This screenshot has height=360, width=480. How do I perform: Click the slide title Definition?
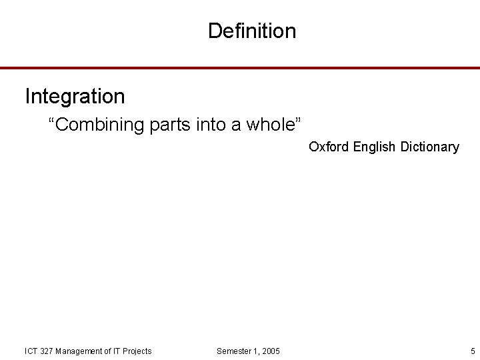click(x=251, y=31)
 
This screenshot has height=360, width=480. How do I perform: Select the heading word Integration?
click(x=75, y=97)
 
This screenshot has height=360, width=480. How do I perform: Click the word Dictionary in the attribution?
click(x=430, y=147)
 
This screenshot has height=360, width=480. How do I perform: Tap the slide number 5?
click(x=473, y=351)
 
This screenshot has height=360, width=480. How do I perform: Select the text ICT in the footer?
click(x=31, y=351)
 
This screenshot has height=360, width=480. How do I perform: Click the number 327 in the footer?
click(x=47, y=351)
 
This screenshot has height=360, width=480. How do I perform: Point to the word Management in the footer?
click(x=79, y=351)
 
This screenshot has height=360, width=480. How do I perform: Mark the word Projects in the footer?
click(x=137, y=351)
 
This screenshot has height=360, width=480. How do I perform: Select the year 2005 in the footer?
click(x=271, y=351)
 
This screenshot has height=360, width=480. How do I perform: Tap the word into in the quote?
click(x=212, y=125)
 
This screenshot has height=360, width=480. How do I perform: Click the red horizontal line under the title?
click(x=240, y=68)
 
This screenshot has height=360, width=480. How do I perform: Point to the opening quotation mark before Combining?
click(x=51, y=121)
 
